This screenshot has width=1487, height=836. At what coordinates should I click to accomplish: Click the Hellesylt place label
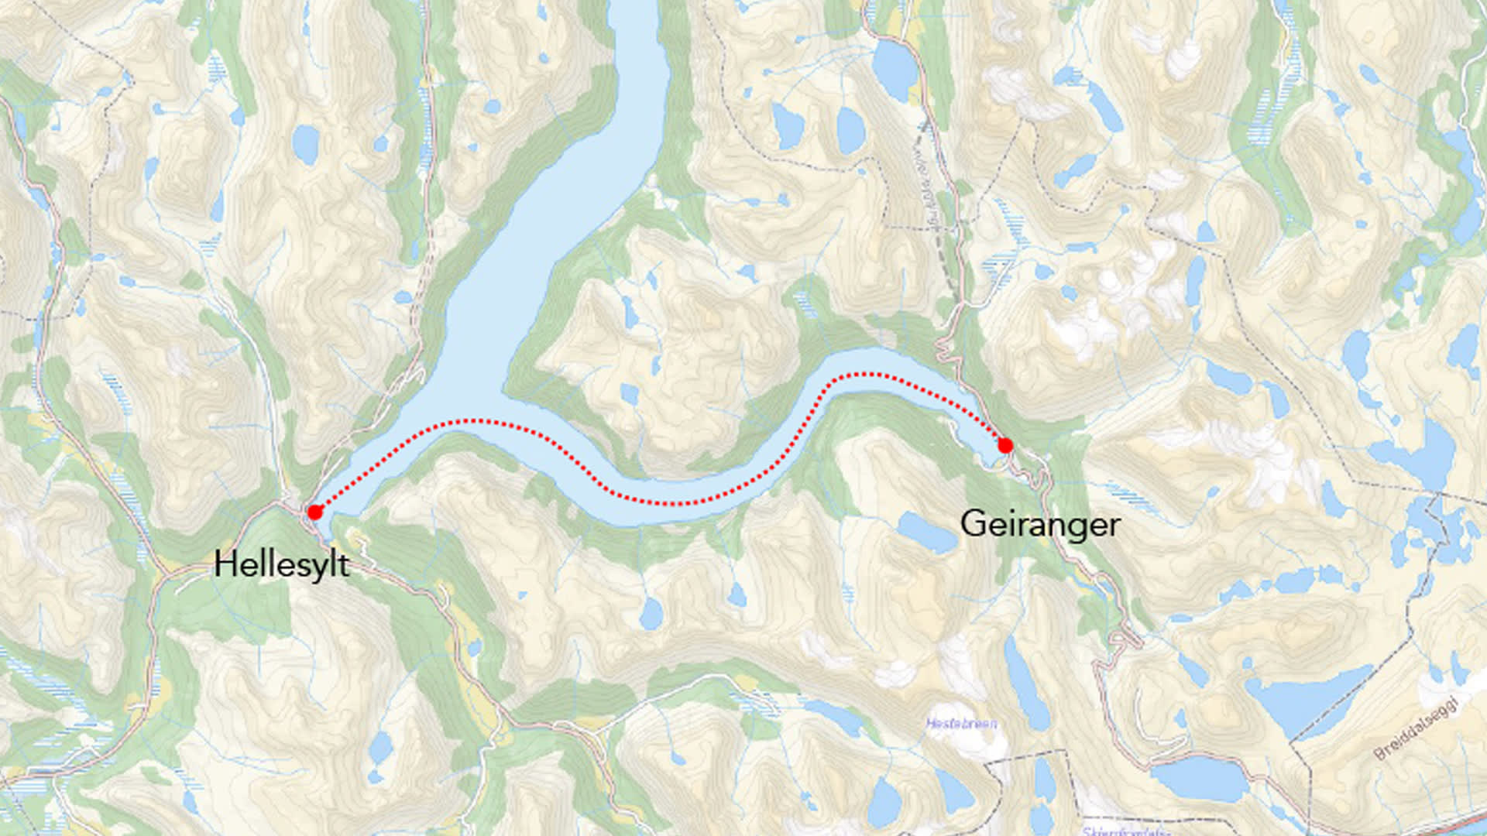(281, 564)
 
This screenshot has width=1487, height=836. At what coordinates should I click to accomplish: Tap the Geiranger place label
(1039, 525)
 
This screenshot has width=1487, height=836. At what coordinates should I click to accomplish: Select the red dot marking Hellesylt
(314, 512)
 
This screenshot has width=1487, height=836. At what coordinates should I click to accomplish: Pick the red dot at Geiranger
(1004, 446)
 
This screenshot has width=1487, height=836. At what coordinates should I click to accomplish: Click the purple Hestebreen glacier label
(961, 724)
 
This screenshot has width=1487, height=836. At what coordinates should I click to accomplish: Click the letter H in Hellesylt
(225, 564)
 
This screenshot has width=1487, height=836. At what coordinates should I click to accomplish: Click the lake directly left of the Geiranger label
(926, 533)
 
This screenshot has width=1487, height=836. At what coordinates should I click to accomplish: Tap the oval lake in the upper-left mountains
(306, 144)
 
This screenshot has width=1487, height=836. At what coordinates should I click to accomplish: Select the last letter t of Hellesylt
(344, 565)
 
